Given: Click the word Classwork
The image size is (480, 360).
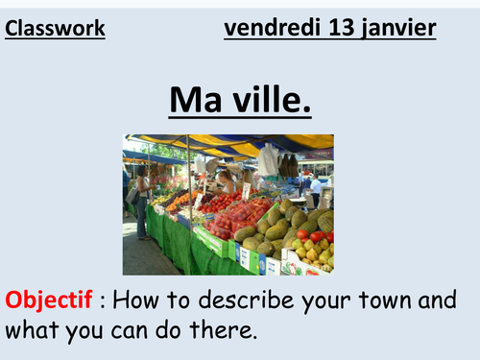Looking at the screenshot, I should pyautogui.click(x=55, y=30).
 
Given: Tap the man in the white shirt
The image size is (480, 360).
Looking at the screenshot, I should pyautogui.click(x=315, y=187).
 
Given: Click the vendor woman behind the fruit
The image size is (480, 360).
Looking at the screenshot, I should pyautogui.click(x=228, y=182).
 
